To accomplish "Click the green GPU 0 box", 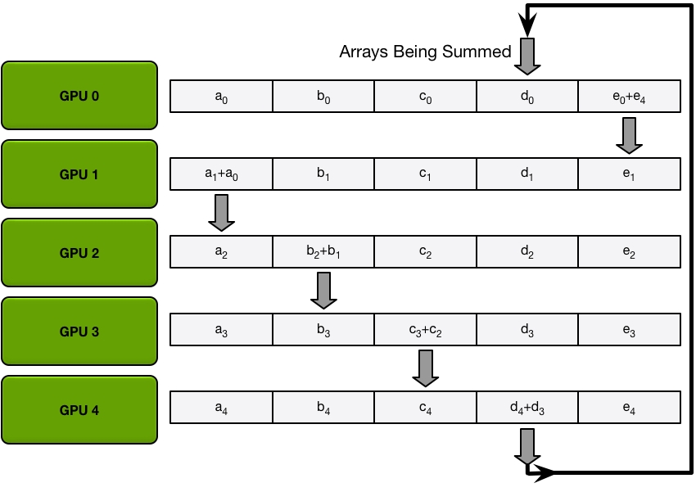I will click(79, 96).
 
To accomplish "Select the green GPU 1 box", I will click(79, 174).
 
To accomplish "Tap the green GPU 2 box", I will click(79, 253).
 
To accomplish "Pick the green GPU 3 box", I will click(79, 332).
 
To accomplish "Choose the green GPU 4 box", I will click(79, 410).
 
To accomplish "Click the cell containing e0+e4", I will click(629, 97).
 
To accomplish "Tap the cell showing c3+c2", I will click(424, 332).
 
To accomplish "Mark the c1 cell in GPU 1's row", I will click(424, 175).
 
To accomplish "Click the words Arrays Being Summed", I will click(425, 52).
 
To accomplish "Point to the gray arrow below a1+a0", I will click(222, 213).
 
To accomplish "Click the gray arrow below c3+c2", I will click(426, 368).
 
